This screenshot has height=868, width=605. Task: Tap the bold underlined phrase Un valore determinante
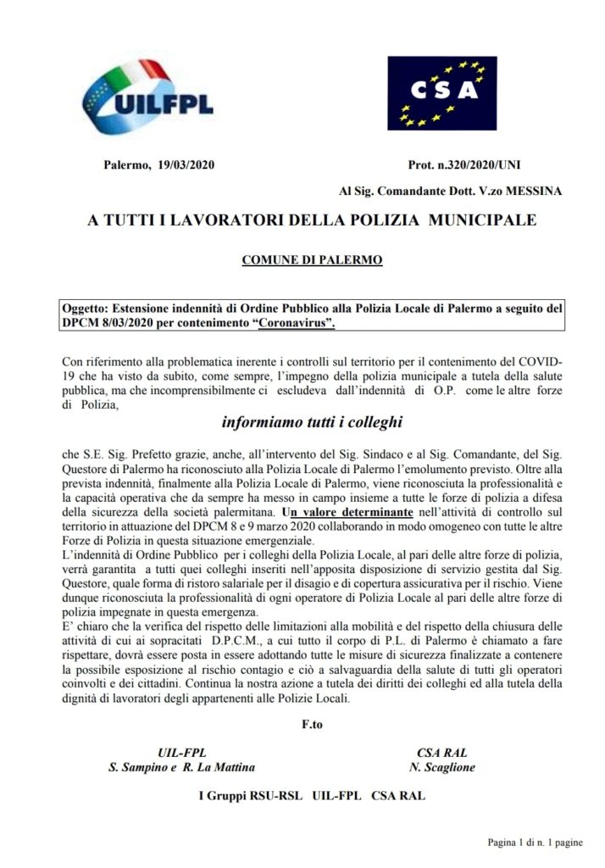tap(347, 513)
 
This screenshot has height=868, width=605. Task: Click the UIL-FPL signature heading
tap(181, 753)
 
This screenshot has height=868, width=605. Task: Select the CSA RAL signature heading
tap(442, 753)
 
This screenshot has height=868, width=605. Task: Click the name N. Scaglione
tap(442, 767)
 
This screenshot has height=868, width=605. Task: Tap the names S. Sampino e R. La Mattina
tap(181, 767)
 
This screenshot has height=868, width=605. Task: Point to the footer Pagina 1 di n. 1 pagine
tap(535, 842)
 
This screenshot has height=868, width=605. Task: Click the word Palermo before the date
tap(125, 164)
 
